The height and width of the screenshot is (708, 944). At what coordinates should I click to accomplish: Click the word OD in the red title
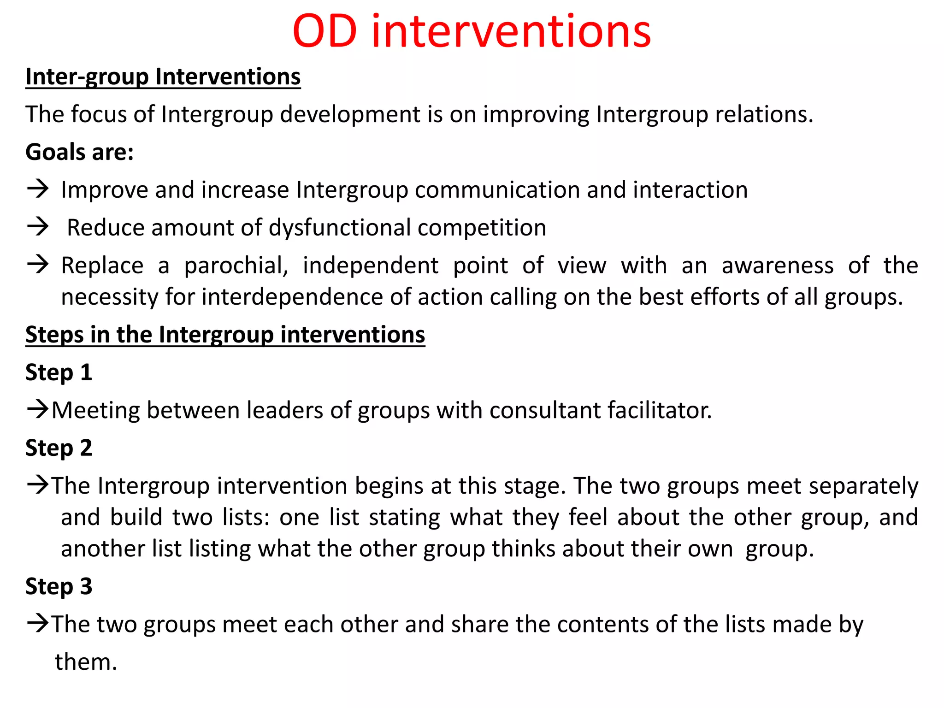[x=324, y=32]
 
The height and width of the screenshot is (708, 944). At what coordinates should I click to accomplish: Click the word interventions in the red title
[x=511, y=32]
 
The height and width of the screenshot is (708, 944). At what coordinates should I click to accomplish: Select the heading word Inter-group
[x=87, y=77]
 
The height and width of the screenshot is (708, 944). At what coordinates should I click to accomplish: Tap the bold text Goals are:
[x=79, y=152]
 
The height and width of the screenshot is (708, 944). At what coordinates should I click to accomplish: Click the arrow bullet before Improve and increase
[x=38, y=189]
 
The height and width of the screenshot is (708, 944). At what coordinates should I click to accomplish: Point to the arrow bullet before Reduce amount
[x=38, y=227]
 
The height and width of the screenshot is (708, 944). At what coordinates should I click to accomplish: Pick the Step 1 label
[x=59, y=372]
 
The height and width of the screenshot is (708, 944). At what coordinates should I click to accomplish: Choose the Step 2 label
[x=59, y=448]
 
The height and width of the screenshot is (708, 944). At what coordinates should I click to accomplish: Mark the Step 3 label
[x=59, y=586]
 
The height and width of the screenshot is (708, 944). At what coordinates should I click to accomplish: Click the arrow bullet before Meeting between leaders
[x=38, y=409]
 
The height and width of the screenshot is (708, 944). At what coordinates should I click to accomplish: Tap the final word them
[x=86, y=662]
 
